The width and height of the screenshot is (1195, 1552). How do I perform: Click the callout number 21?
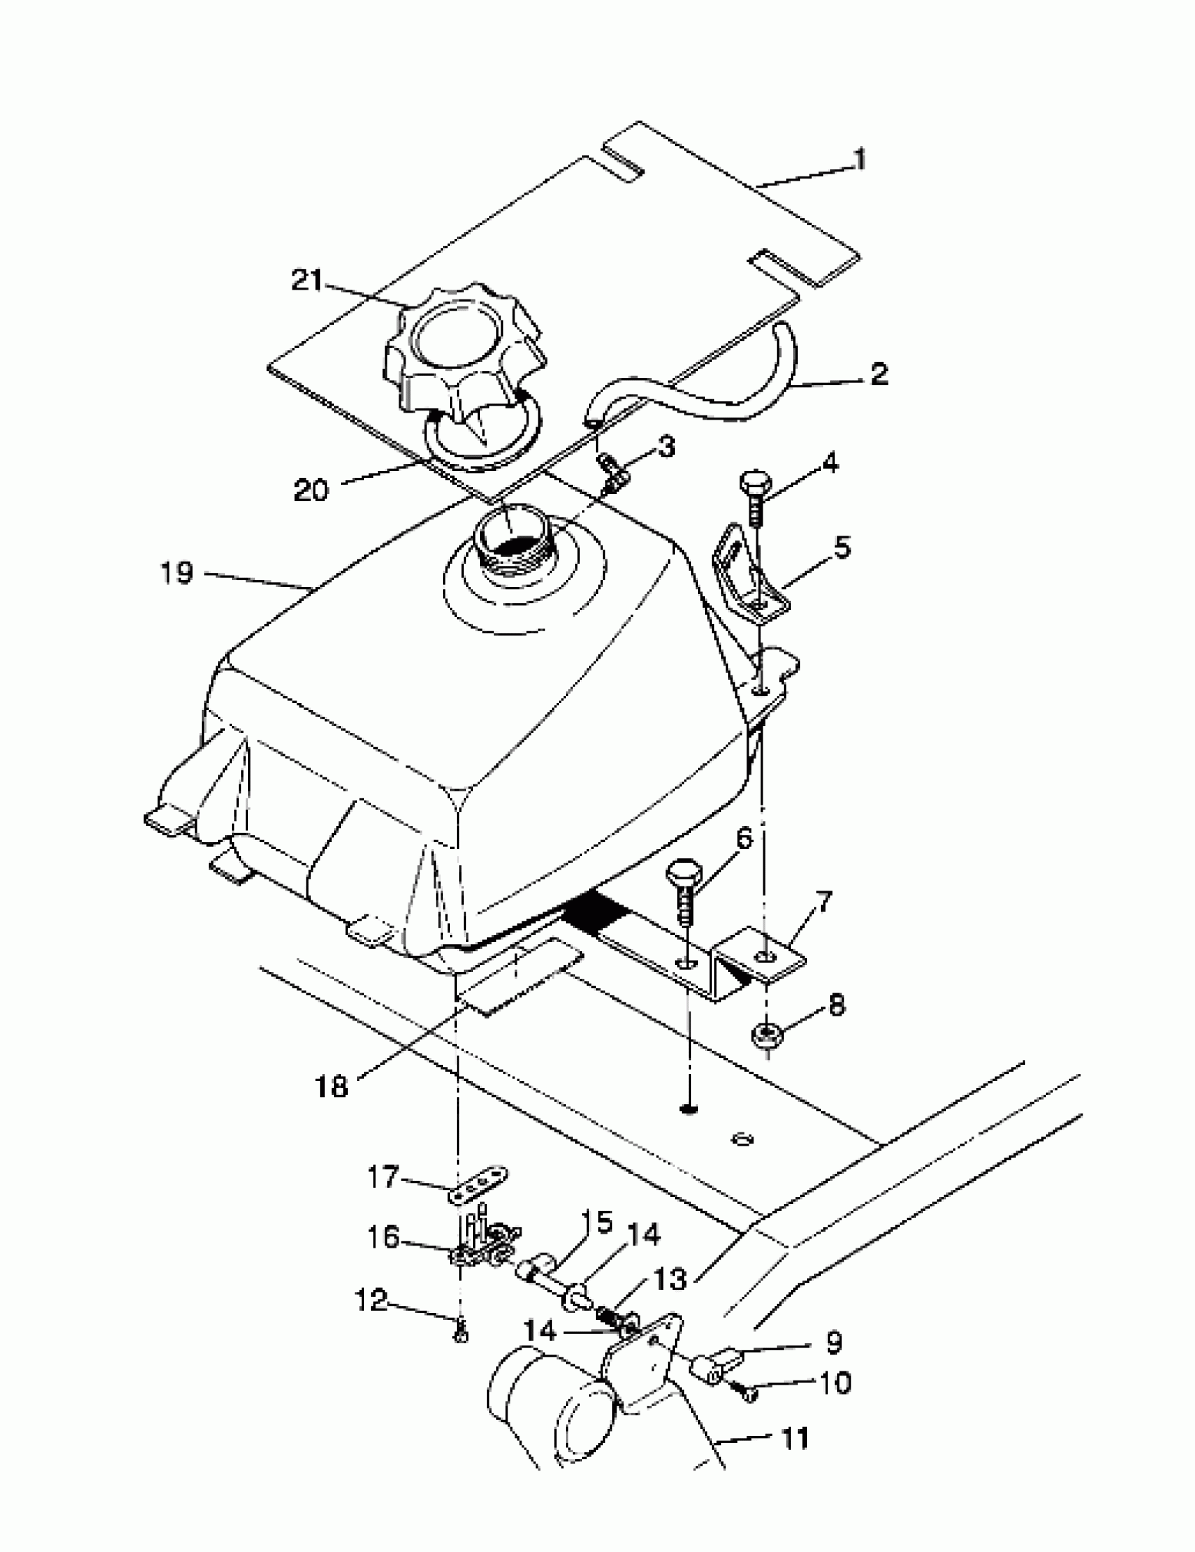coord(306,280)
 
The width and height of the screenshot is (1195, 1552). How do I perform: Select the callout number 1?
coord(860,160)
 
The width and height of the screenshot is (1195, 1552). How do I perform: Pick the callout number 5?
coord(842,548)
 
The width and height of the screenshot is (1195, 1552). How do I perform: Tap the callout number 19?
coord(176,572)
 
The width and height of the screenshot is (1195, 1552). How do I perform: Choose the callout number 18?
coord(332,1086)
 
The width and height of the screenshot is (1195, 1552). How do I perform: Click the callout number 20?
coord(311,490)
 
